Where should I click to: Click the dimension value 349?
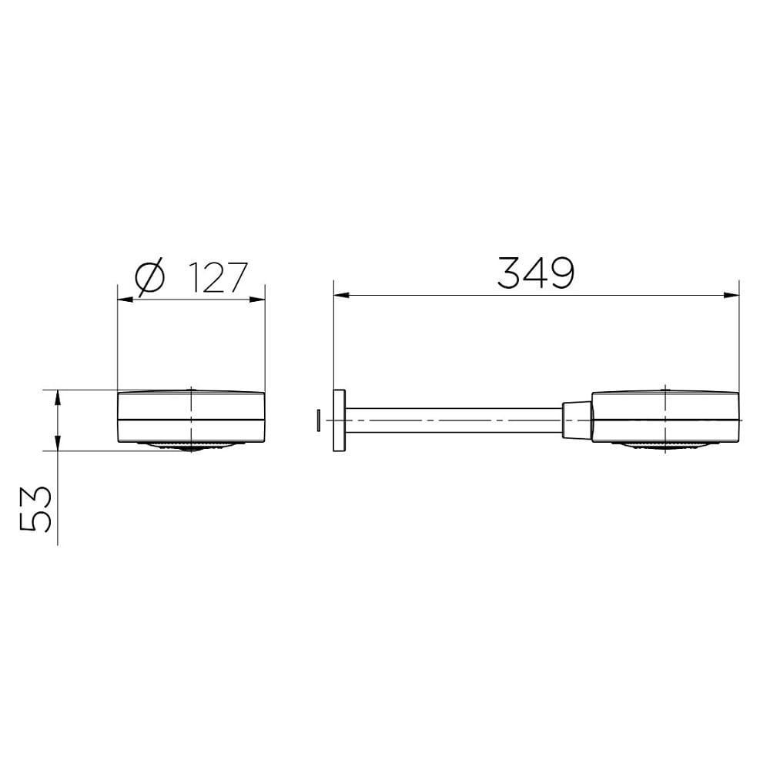536,273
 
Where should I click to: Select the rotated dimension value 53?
36,509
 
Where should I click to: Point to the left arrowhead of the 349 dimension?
340,294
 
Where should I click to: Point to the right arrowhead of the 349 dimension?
732,294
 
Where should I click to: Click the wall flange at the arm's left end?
339,420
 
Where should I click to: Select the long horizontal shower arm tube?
454,420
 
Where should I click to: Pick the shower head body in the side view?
665,417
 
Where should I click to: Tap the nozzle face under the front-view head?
191,446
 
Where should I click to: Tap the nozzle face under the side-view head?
665,446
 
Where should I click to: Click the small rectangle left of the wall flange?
317,420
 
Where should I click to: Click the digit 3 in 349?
511,273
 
